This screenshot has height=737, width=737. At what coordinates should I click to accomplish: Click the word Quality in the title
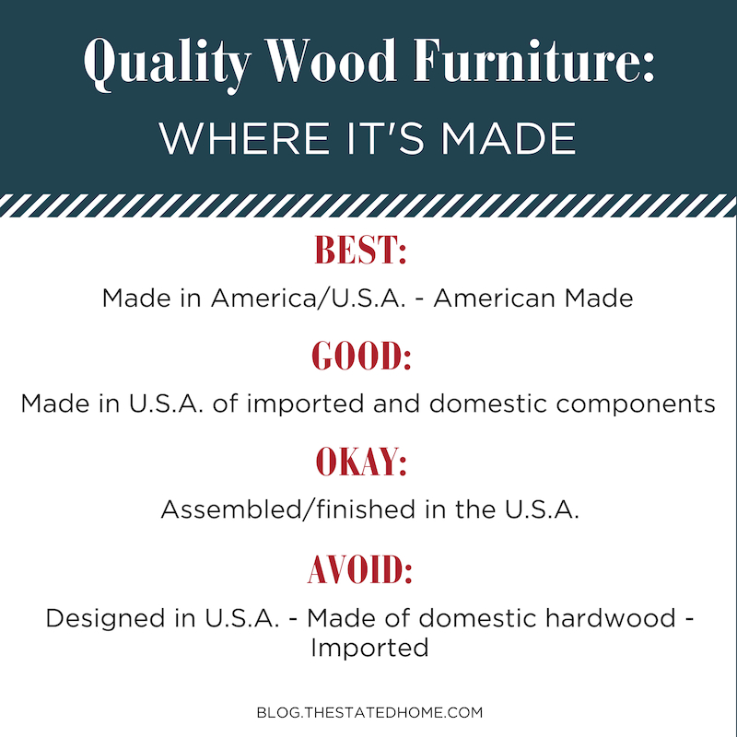(168, 64)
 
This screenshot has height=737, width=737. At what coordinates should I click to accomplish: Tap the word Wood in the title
(331, 60)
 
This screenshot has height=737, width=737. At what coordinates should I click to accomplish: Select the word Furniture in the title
(533, 60)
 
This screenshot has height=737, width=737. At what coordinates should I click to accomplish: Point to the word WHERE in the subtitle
(244, 138)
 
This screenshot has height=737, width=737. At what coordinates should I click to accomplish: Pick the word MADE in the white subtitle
(509, 138)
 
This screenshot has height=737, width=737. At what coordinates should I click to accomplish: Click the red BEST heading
(360, 250)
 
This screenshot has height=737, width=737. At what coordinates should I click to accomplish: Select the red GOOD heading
(361, 355)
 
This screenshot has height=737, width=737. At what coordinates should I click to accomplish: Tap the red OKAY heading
(361, 462)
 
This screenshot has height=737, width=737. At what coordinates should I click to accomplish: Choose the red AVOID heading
(360, 569)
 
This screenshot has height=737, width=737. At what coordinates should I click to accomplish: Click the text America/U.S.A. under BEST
(309, 298)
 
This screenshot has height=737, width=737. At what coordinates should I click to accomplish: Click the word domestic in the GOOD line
(488, 404)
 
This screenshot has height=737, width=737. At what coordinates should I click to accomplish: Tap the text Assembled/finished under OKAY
(288, 509)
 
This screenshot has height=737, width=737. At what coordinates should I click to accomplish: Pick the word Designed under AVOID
(105, 619)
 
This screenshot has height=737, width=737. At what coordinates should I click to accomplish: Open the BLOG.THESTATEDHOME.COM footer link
(370, 712)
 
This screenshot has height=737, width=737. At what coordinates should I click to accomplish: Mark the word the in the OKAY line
(474, 509)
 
